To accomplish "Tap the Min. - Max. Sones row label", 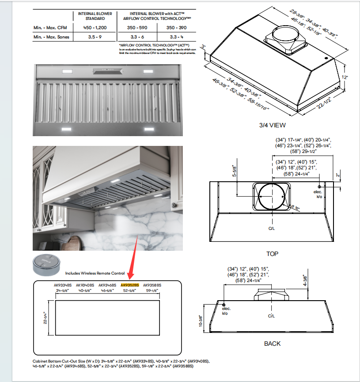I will click(x=51, y=37).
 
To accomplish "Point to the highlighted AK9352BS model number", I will click(x=130, y=286).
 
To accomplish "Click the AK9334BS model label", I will click(x=63, y=286).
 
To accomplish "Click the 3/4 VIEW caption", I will click(x=273, y=125).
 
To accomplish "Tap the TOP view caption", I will click(x=272, y=254).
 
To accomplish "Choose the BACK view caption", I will click(x=272, y=344).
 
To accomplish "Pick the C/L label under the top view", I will click(x=272, y=229).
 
